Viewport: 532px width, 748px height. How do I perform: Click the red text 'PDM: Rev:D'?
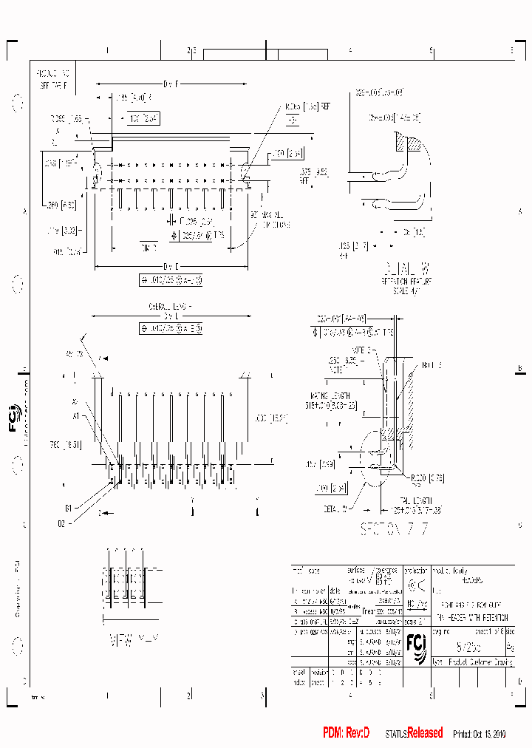click(x=346, y=732)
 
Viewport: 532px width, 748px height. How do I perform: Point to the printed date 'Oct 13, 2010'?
click(x=481, y=733)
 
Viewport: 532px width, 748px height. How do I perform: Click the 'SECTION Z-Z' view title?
click(x=393, y=529)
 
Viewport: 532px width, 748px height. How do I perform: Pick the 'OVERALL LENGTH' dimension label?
click(x=169, y=305)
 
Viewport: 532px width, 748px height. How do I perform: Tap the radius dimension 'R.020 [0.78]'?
click(x=418, y=477)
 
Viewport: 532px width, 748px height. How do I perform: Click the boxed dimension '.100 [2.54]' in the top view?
click(x=143, y=118)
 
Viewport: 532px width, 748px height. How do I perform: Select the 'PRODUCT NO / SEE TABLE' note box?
click(x=53, y=80)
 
